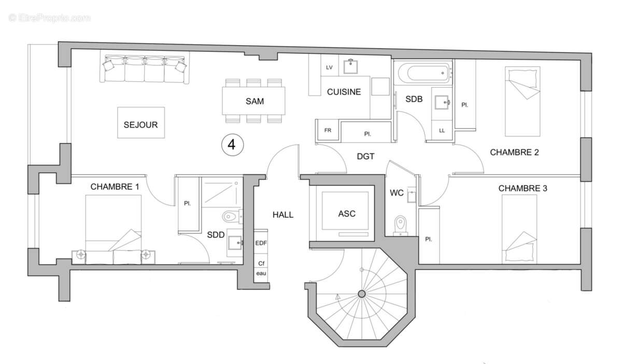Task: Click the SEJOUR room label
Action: (x=141, y=125)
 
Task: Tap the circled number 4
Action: (x=232, y=145)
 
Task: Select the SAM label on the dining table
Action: (x=255, y=101)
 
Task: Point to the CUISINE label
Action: (x=344, y=92)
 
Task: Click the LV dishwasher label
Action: (x=329, y=67)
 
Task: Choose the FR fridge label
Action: (x=328, y=130)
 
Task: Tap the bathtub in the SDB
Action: (x=423, y=73)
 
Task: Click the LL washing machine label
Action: (x=442, y=130)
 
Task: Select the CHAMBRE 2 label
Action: (x=514, y=152)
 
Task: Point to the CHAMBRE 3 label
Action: (x=522, y=188)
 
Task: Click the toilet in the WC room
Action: (x=400, y=225)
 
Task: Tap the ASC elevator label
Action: (x=347, y=214)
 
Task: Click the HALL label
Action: (x=283, y=215)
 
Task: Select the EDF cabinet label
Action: (x=261, y=243)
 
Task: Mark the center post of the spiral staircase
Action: (x=362, y=293)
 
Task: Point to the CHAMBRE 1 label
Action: (x=115, y=187)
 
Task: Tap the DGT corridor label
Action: (x=365, y=157)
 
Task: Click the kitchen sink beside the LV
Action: (x=350, y=67)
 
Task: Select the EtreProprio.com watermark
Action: (x=49, y=18)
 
